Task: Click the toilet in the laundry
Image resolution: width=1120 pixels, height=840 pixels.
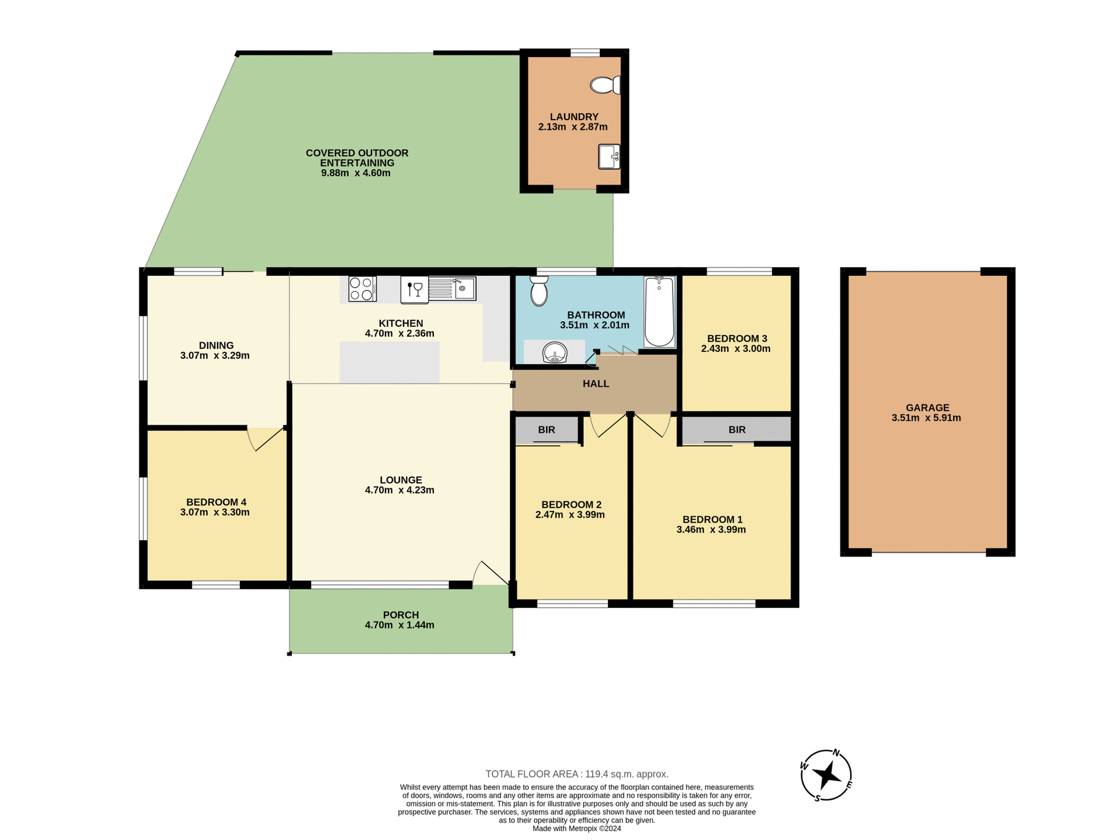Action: [605, 85]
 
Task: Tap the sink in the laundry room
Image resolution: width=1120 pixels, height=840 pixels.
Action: [609, 156]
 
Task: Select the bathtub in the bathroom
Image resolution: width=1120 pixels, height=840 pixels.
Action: [660, 312]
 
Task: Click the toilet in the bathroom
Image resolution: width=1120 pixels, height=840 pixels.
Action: [539, 291]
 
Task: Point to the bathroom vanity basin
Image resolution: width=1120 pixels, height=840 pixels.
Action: [555, 352]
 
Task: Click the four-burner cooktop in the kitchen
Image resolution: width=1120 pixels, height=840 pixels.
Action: [362, 289]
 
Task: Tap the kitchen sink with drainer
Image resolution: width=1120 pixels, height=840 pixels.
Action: [453, 289]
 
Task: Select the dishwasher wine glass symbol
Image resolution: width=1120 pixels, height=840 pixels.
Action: [415, 289]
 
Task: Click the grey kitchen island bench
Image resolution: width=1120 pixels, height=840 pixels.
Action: [390, 362]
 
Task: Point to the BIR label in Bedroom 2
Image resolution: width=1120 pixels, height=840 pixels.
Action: [547, 430]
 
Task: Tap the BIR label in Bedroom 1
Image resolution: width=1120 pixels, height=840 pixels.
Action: [737, 430]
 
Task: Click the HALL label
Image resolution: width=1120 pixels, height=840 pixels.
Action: [596, 384]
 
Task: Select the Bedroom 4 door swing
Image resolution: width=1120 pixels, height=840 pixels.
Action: [266, 439]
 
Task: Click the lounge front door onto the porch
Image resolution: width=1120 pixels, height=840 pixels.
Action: [491, 573]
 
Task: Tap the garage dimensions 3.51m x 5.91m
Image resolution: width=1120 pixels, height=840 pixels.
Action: [926, 418]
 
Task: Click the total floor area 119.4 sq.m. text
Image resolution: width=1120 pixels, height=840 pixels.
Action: [577, 774]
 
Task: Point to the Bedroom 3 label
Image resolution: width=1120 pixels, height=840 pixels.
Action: [737, 338]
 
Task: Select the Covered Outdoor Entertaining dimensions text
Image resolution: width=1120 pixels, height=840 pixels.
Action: [356, 173]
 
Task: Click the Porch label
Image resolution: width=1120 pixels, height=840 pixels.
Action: [401, 615]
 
